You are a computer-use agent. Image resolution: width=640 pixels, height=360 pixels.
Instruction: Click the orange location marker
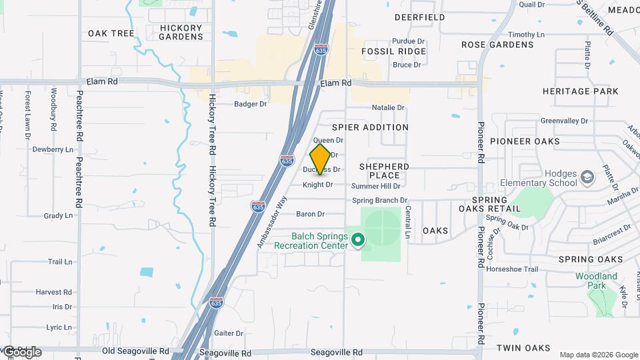[x=320, y=159]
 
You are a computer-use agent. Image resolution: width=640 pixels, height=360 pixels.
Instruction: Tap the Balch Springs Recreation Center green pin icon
[x=358, y=239]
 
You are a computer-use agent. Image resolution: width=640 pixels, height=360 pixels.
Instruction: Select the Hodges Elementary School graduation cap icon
[x=587, y=177]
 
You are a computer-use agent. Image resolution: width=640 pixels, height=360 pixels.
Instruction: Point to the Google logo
[x=21, y=352]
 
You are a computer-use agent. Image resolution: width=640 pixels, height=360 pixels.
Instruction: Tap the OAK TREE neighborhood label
[x=111, y=33]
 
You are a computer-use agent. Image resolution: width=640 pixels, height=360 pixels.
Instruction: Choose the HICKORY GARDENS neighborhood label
[x=181, y=32]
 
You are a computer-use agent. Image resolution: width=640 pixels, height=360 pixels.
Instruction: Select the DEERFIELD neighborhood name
[x=419, y=17]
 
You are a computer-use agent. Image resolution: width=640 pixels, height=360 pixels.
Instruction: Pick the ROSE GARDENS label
[x=498, y=45]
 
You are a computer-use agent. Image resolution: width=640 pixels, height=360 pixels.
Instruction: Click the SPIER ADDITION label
[x=370, y=127]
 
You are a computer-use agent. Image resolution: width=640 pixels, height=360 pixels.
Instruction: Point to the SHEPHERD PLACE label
[x=384, y=171]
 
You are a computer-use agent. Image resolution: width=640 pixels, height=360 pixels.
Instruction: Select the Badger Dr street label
[x=250, y=104]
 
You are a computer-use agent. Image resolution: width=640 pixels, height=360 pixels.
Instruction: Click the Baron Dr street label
[x=310, y=214]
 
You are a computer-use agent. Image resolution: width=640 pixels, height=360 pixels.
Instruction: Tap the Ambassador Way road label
[x=271, y=223]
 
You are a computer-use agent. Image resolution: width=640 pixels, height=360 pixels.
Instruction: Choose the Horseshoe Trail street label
[x=512, y=269]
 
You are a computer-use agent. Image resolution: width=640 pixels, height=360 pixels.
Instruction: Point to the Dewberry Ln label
[x=53, y=149]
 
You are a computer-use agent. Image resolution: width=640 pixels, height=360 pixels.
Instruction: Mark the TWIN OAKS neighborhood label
[x=523, y=348]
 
